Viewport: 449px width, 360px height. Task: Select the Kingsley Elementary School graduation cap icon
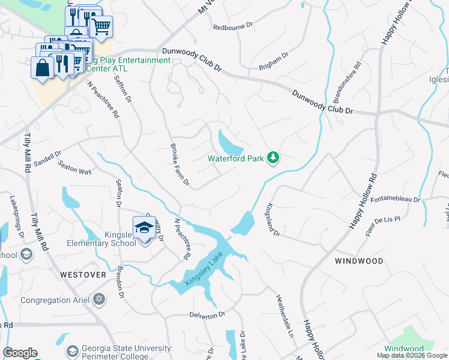144,228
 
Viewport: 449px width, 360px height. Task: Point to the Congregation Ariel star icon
100,299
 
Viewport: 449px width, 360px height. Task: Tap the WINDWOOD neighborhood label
359,261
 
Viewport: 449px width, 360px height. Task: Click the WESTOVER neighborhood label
83,274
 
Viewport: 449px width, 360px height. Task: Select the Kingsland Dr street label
273,220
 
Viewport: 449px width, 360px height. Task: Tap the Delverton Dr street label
207,314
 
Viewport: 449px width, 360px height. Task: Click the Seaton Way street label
74,167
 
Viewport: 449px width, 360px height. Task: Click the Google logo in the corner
20,353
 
